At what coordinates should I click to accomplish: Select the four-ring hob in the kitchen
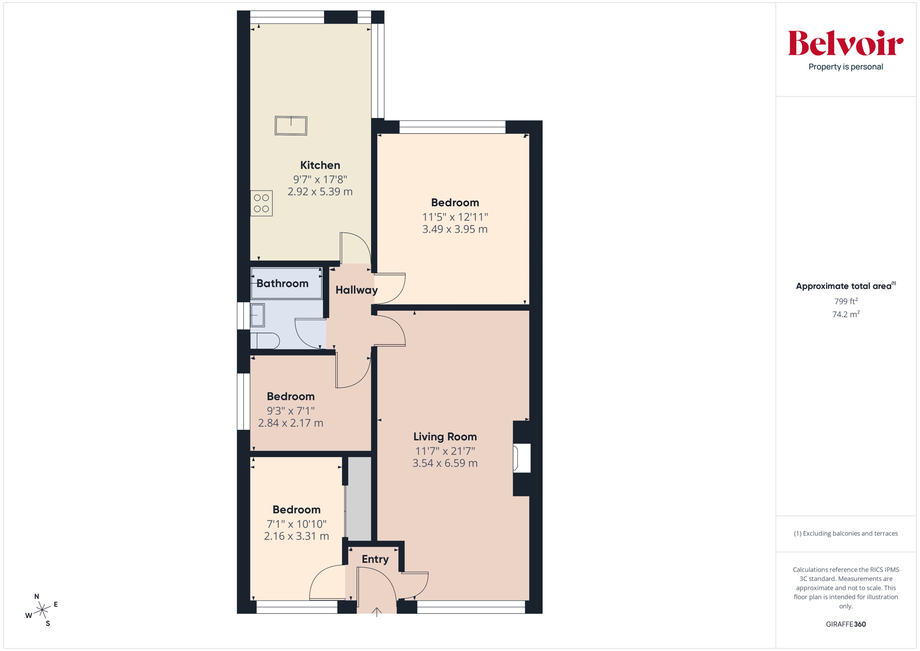click(x=261, y=203)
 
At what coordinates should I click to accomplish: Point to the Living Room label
click(x=445, y=437)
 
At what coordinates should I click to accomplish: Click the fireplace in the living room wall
click(x=522, y=458)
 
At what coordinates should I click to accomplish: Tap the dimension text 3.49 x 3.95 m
click(x=455, y=229)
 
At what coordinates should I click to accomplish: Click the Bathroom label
click(x=283, y=283)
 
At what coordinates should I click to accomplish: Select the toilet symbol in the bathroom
click(x=265, y=341)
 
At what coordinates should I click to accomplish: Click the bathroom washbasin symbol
click(x=257, y=315)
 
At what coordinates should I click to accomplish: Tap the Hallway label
click(x=356, y=290)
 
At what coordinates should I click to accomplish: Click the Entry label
click(x=375, y=559)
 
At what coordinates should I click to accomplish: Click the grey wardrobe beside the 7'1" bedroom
click(x=359, y=499)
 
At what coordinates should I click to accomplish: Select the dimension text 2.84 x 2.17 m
click(x=290, y=423)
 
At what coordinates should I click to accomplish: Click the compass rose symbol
click(x=42, y=610)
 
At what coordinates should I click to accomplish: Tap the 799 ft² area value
click(x=845, y=301)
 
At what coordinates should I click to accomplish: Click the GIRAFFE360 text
click(x=845, y=624)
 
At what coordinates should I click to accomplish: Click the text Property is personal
click(x=845, y=67)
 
